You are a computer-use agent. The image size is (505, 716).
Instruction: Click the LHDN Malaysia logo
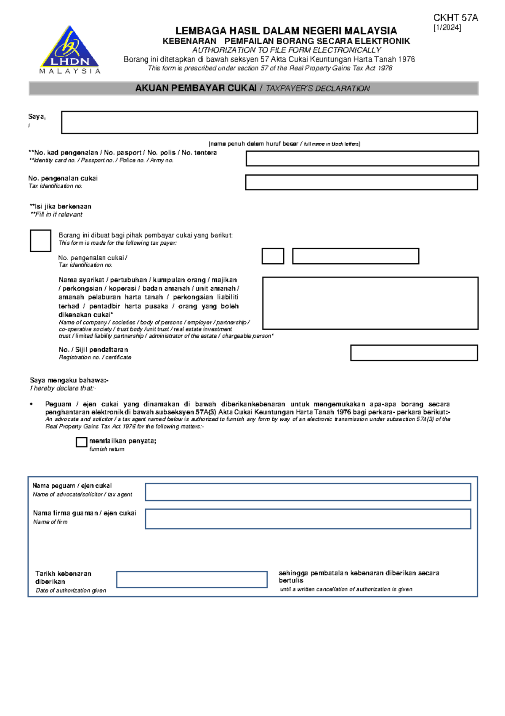pyautogui.click(x=70, y=50)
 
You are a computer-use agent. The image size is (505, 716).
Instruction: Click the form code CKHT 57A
pyautogui.click(x=455, y=18)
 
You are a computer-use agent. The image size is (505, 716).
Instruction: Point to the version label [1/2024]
pyautogui.click(x=447, y=28)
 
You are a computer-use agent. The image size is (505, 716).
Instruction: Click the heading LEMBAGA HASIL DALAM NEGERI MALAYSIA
pyautogui.click(x=286, y=31)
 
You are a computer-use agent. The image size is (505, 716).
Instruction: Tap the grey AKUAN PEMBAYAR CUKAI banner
pyautogui.click(x=253, y=88)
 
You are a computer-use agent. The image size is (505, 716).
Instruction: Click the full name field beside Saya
pyautogui.click(x=269, y=123)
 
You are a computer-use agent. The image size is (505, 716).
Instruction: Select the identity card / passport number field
pyautogui.click(x=362, y=159)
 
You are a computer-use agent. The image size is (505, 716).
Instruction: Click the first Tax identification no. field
pyautogui.click(x=361, y=183)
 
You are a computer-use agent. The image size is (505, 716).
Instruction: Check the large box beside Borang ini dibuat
pyautogui.click(x=40, y=241)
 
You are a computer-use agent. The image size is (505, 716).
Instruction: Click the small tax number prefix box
pyautogui.click(x=273, y=256)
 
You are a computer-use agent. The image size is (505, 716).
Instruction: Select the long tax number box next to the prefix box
pyautogui.click(x=356, y=256)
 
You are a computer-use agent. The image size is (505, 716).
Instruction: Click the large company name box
pyautogui.click(x=370, y=303)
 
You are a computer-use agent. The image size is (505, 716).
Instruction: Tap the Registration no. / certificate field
pyautogui.click(x=414, y=353)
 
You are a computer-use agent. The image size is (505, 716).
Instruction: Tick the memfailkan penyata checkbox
pyautogui.click(x=81, y=442)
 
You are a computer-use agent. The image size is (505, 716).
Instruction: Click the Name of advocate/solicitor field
pyautogui.click(x=308, y=492)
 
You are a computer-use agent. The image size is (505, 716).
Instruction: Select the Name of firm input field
pyautogui.click(x=308, y=519)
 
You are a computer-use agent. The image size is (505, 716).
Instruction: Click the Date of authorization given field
pyautogui.click(x=192, y=580)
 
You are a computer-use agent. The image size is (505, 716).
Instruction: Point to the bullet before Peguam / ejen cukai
pyautogui.click(x=32, y=404)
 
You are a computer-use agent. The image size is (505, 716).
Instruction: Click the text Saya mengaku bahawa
pyautogui.click(x=69, y=380)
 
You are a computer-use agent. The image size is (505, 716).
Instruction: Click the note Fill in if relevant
pyautogui.click(x=56, y=214)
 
